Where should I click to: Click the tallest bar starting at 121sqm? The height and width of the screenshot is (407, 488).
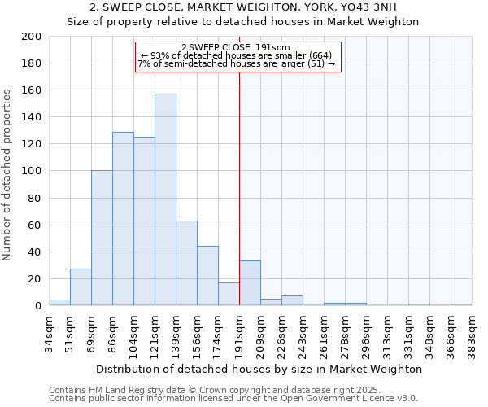pyautogui.click(x=165, y=199)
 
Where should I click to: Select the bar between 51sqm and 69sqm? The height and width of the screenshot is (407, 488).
pyautogui.click(x=81, y=287)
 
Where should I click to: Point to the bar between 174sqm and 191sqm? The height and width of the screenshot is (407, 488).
pyautogui.click(x=229, y=294)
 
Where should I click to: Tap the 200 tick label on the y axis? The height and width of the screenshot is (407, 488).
pyautogui.click(x=32, y=37)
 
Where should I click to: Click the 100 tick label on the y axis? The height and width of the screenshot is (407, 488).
pyautogui.click(x=32, y=171)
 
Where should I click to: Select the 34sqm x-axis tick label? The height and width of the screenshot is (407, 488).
pyautogui.click(x=49, y=332)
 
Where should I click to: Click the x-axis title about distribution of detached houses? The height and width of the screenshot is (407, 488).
pyautogui.click(x=259, y=369)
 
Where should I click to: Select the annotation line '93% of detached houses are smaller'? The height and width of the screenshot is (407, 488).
pyautogui.click(x=237, y=55)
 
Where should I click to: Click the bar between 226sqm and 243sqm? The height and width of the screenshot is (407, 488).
pyautogui.click(x=292, y=300)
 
